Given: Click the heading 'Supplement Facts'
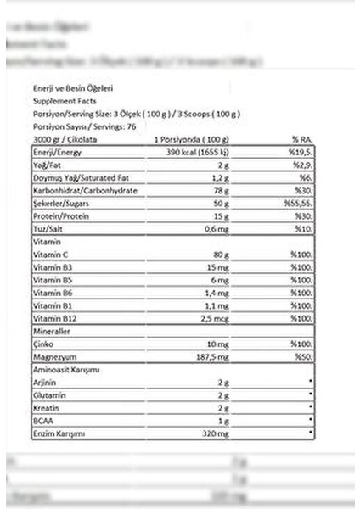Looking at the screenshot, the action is tap(59, 101).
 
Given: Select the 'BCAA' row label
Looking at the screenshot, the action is tap(42, 421).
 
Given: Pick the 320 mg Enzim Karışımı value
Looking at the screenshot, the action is tap(217, 433).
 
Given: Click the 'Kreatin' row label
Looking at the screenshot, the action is tap(45, 408).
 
